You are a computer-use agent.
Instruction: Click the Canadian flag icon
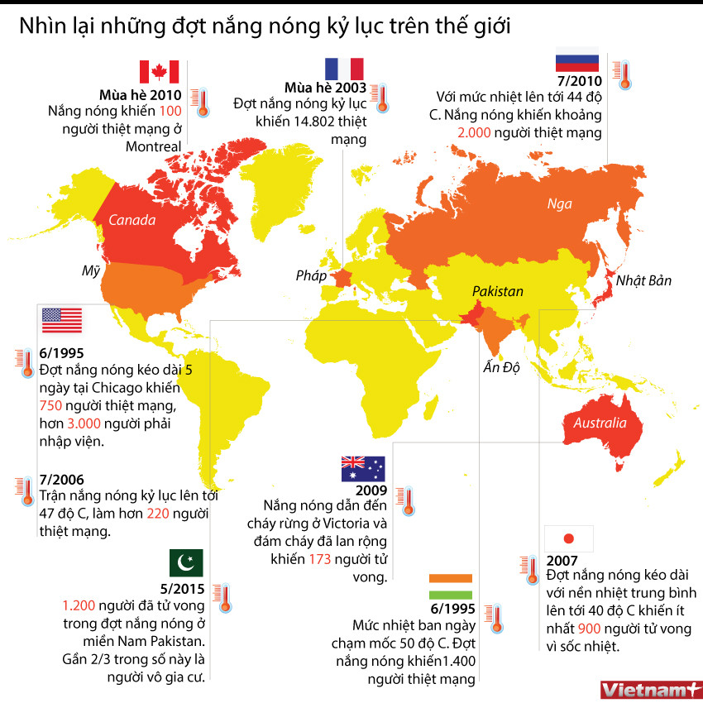tap(160, 72)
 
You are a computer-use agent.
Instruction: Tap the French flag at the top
tap(344, 69)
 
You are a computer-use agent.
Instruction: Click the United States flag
tap(62, 319)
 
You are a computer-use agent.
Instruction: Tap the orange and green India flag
tap(451, 586)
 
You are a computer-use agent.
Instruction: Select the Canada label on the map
tap(132, 221)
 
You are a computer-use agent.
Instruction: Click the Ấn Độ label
tap(501, 367)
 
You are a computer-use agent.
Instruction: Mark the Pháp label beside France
tap(312, 275)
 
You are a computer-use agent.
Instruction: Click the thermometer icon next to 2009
tap(406, 500)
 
